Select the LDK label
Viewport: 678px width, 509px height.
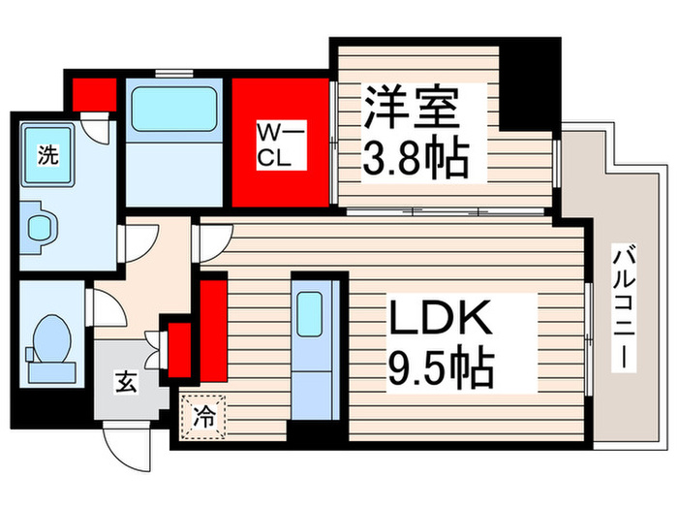click(x=443, y=321)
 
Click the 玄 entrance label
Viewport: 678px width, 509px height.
click(x=128, y=381)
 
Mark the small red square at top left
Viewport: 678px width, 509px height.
click(x=93, y=95)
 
